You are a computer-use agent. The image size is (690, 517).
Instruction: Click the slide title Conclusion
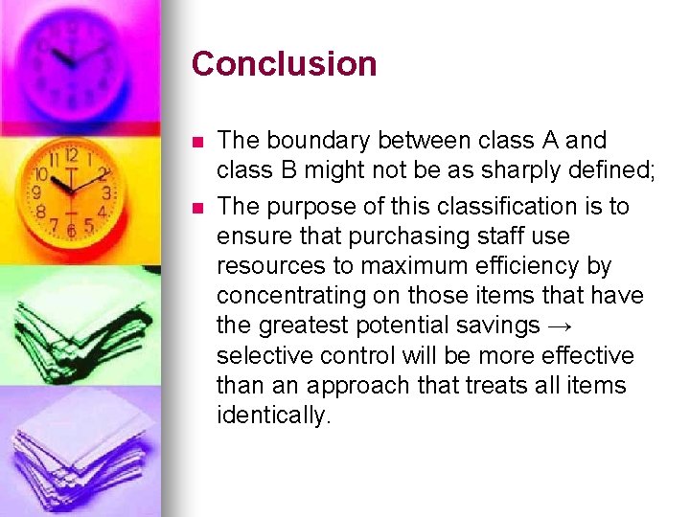pyautogui.click(x=284, y=64)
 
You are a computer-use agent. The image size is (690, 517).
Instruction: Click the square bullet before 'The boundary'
pyautogui.click(x=197, y=142)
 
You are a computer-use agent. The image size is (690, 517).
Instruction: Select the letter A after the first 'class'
pyautogui.click(x=549, y=141)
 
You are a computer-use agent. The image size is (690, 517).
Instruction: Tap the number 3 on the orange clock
pyautogui.click(x=107, y=192)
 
